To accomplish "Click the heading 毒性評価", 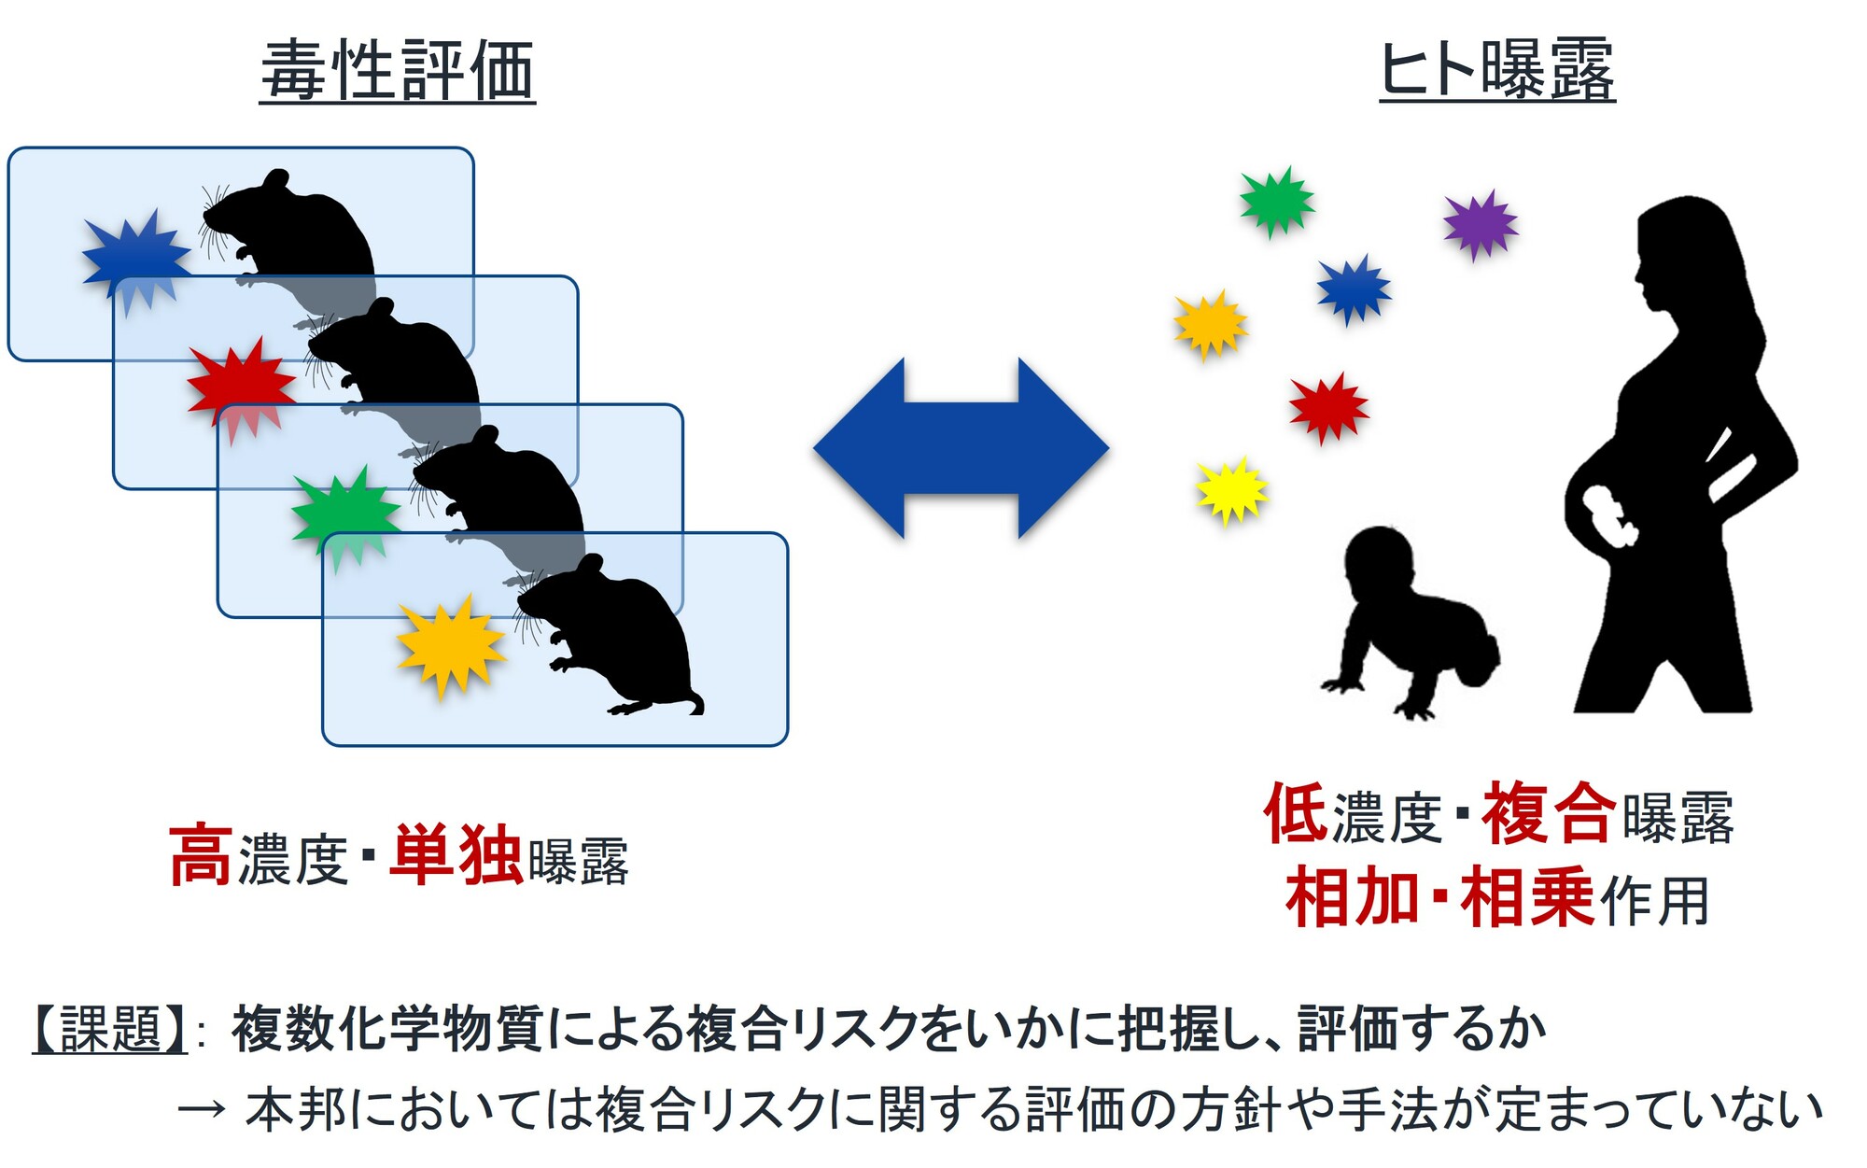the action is pyautogui.click(x=398, y=70).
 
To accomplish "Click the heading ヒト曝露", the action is pyautogui.click(x=1497, y=70).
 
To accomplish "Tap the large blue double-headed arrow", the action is pyautogui.click(x=962, y=448).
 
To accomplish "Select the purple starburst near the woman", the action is pyautogui.click(x=1481, y=224).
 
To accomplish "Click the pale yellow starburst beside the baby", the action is pyautogui.click(x=1232, y=490).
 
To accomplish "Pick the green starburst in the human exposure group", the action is pyautogui.click(x=1277, y=202).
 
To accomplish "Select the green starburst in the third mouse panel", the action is pyautogui.click(x=346, y=517).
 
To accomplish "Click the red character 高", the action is pyautogui.click(x=201, y=855).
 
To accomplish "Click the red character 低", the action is pyautogui.click(x=1296, y=813).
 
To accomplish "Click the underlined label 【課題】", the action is pyautogui.click(x=110, y=1030).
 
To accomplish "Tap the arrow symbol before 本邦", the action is pyautogui.click(x=202, y=1109).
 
